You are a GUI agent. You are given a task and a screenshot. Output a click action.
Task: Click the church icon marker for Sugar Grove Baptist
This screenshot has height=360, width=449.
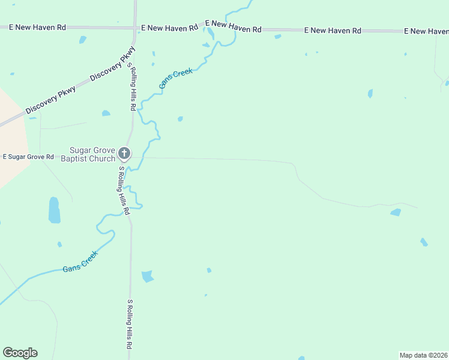[124, 154]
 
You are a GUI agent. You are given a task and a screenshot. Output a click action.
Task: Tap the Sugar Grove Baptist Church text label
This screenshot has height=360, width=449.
[92, 154]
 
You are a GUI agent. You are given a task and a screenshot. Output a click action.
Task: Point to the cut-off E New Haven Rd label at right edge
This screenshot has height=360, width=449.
[426, 31]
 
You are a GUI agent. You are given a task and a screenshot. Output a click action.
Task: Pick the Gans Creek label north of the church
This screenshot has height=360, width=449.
[176, 79]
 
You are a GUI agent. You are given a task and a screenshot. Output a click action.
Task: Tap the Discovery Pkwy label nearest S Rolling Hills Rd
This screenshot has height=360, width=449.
[112, 68]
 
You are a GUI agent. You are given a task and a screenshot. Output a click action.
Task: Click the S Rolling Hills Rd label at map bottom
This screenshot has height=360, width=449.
[129, 325]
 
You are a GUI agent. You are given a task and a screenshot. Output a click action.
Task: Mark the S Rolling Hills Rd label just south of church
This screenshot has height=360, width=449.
[123, 191]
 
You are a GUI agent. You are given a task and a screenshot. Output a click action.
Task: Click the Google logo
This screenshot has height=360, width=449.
[20, 353]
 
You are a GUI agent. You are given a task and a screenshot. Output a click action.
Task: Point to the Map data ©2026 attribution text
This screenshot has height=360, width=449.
[423, 355]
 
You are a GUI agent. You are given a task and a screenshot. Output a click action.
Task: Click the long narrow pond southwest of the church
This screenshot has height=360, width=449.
[54, 210]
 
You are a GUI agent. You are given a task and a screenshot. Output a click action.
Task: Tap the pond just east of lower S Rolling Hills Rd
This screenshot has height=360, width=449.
[147, 276]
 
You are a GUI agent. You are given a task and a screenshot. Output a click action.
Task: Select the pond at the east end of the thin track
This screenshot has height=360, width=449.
[396, 212]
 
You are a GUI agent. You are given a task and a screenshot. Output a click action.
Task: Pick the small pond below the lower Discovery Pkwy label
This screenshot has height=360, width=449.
[106, 113]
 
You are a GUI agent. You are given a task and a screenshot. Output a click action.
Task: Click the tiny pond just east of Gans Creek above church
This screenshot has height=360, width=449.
[180, 119]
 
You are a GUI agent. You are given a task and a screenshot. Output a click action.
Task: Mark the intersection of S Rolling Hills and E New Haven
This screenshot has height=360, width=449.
[135, 28]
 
